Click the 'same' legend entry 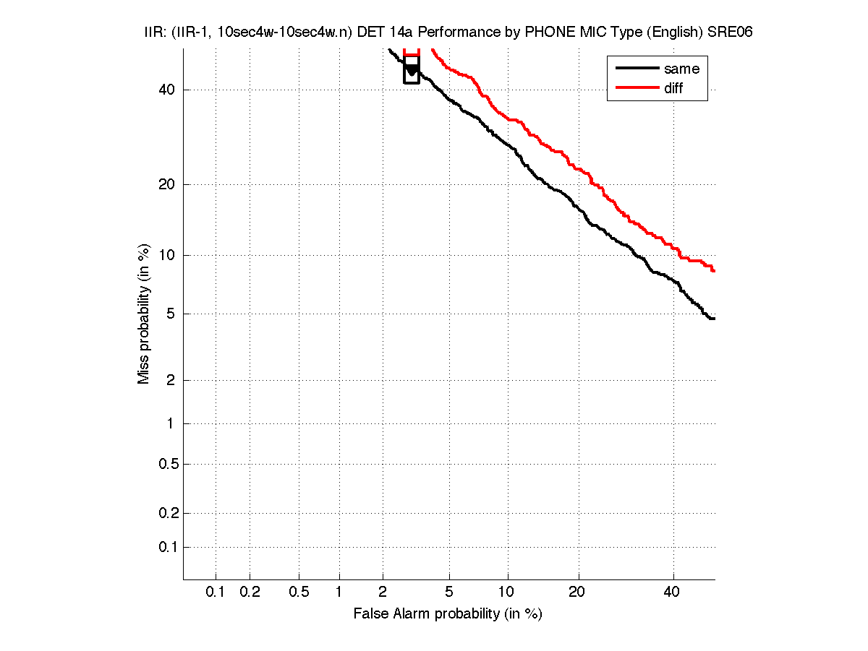[681, 69]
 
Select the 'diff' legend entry [673, 88]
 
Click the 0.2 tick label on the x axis [250, 592]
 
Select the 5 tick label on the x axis [450, 592]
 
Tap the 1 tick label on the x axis [339, 592]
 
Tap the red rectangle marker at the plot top [412, 52]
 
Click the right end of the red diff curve [714, 271]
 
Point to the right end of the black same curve [714, 319]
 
